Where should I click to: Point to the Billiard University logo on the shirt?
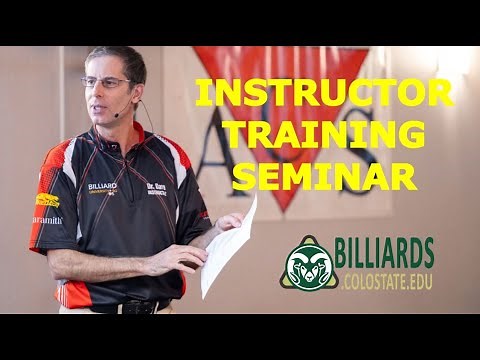pos(103,187)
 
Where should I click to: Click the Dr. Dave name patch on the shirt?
pos(157,187)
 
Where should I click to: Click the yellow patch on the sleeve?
pos(47,200)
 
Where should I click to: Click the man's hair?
pos(120,57)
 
